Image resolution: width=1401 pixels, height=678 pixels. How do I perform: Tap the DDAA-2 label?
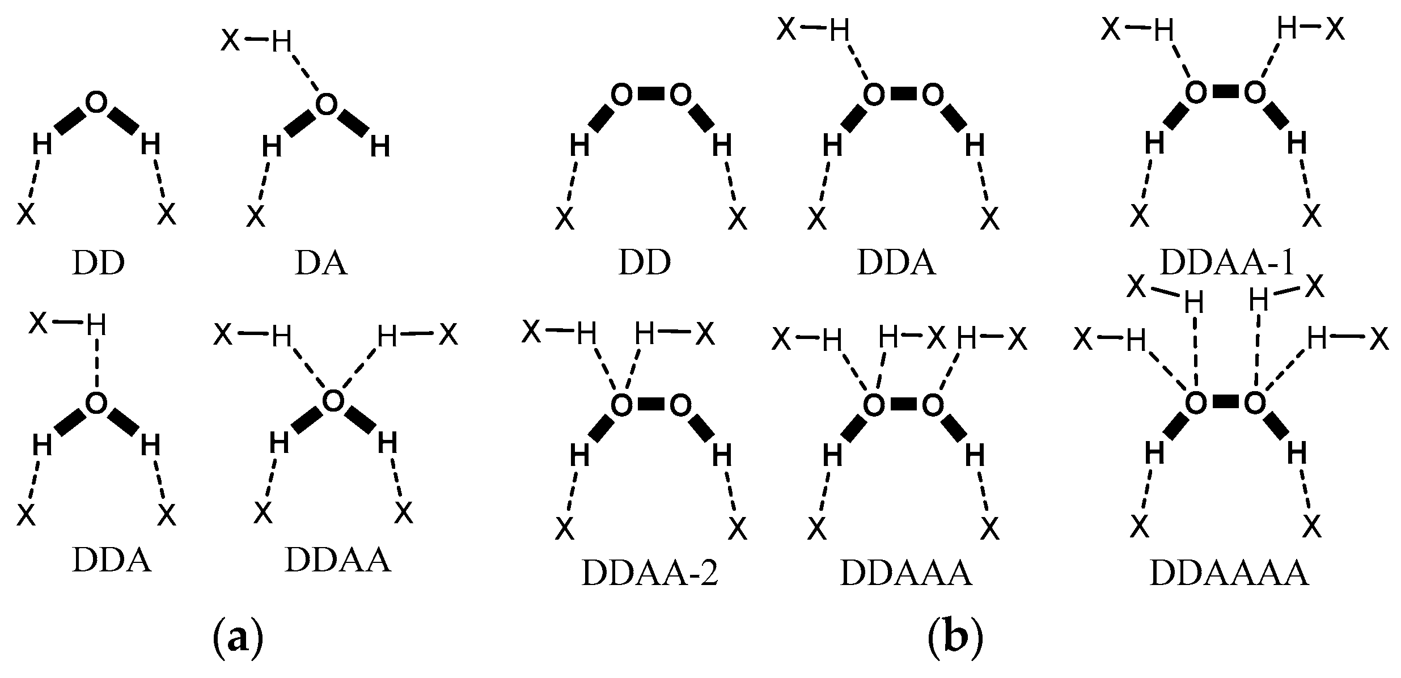tap(650, 574)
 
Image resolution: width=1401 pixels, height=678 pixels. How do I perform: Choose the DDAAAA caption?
tap(1229, 574)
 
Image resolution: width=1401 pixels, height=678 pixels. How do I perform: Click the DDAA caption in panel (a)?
tap(338, 560)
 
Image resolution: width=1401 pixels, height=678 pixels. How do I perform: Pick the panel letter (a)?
tap(238, 638)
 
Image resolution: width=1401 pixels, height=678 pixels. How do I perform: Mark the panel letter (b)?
tap(955, 638)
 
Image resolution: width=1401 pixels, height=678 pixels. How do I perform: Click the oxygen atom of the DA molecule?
tap(326, 104)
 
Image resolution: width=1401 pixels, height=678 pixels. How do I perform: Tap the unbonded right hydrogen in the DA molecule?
tap(380, 147)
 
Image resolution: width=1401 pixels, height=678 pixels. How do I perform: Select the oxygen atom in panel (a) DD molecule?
tap(96, 103)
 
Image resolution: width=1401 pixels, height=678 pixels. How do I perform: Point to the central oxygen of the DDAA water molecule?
tap(333, 400)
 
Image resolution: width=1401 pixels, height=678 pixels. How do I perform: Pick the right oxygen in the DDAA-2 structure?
tap(680, 405)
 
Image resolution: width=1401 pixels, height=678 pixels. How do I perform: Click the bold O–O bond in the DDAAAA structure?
tap(1225, 402)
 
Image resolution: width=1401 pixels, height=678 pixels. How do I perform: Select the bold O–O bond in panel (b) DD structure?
tap(650, 95)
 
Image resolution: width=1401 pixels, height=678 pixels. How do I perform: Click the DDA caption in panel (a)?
tap(112, 560)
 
